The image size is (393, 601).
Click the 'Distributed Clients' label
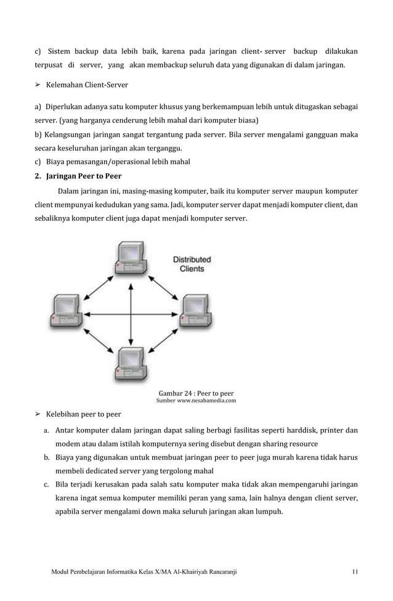tap(192, 264)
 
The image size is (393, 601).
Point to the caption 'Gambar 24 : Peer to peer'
tap(196, 393)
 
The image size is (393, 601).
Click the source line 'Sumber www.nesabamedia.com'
tap(196, 401)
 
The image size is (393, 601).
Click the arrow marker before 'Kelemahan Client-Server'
tap(37, 84)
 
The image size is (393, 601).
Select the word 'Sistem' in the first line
tap(60, 50)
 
